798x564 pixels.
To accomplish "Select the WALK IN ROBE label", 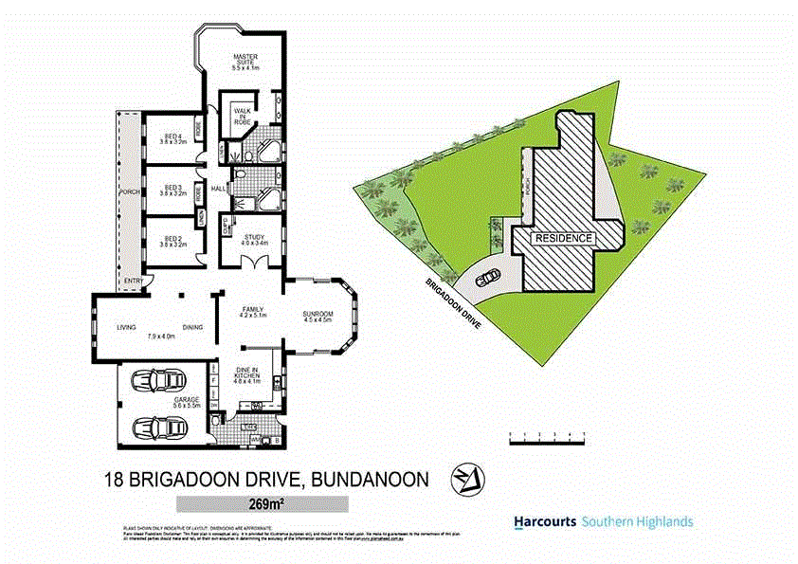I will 243,116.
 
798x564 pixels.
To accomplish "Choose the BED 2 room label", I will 172,241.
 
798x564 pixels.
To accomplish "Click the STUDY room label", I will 253,239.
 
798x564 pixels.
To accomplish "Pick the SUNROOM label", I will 317,316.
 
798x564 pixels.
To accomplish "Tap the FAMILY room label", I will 253,312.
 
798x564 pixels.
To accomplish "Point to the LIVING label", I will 127,328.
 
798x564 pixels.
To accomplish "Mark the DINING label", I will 193,328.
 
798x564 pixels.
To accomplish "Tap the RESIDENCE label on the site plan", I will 565,238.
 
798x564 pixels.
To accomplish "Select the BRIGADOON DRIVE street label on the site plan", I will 453,303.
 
